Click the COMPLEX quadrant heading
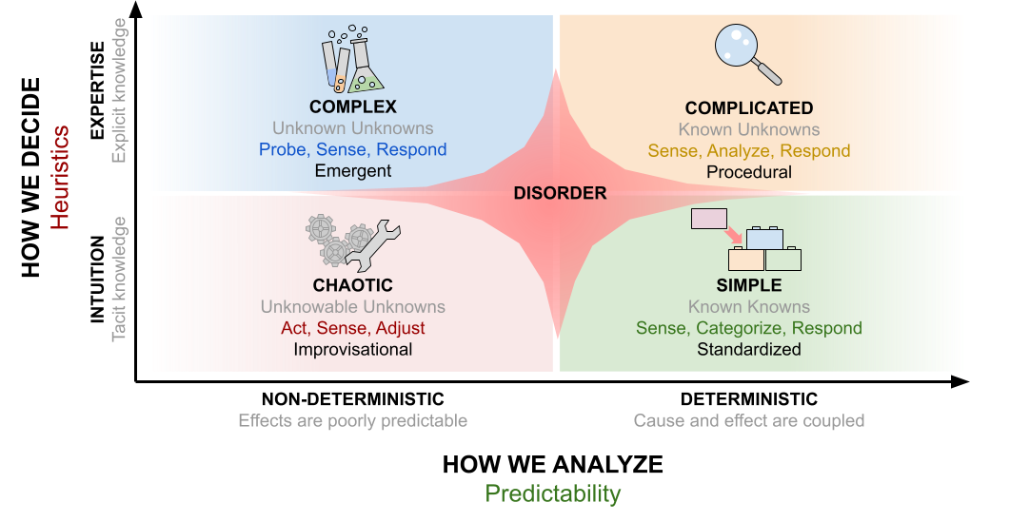353,106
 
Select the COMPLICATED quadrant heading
749,108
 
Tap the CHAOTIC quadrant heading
353,285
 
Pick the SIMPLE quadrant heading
749,285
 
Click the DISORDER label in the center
561,193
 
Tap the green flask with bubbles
366,66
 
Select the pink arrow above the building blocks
733,236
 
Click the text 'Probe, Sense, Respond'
353,150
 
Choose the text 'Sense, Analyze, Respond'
749,151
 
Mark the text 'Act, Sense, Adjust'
353,328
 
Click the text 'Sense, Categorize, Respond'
749,328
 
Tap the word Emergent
353,171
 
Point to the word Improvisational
353,350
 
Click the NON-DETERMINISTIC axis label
353,399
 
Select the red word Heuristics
60,178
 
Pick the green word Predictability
553,493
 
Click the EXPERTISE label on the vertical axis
97,90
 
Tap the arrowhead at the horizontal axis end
960,381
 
